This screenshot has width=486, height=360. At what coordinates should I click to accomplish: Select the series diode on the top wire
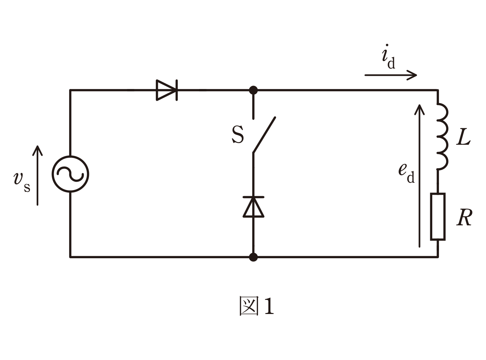[x=167, y=90]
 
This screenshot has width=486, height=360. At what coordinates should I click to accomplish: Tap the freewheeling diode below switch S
[x=253, y=207]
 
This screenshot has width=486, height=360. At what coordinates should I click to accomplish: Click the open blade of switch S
[x=264, y=135]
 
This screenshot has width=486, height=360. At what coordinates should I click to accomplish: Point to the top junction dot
[x=253, y=90]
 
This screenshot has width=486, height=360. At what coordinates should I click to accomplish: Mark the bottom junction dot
[x=253, y=257]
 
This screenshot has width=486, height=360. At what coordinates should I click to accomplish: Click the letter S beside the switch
[x=238, y=135]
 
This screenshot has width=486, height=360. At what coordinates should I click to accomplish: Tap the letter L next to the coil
[x=463, y=137]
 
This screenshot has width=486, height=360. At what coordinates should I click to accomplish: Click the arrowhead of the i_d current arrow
[x=412, y=75]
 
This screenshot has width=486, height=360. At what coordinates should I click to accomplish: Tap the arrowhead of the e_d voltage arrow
[x=419, y=109]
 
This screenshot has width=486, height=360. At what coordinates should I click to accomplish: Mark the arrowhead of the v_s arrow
[x=38, y=151]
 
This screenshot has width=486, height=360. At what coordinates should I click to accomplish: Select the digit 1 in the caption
[x=269, y=306]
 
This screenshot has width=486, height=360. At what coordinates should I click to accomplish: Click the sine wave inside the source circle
[x=70, y=174]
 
